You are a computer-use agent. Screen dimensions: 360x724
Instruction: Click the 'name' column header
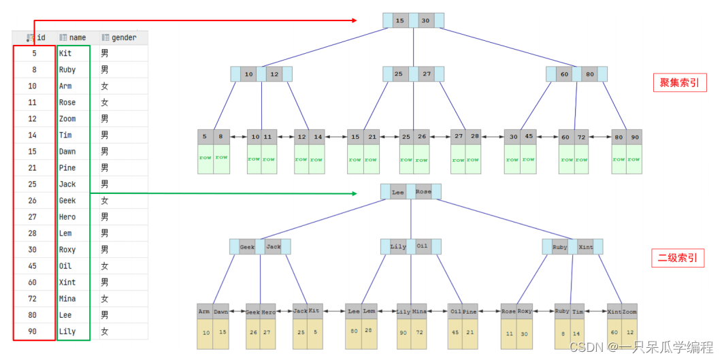77,37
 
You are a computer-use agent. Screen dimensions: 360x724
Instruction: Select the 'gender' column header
123,37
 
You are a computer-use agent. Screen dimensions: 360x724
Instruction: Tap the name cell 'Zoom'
67,119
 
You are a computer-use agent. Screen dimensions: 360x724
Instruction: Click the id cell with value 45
33,266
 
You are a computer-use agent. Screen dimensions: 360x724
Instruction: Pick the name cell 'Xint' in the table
67,282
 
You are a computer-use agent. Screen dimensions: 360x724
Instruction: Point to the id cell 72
33,299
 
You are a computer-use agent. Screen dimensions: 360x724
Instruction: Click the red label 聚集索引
679,83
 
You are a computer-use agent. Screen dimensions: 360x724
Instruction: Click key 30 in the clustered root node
426,21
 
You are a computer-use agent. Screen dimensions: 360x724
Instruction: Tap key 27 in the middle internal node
427,73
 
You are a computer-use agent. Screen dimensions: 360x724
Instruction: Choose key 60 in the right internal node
564,73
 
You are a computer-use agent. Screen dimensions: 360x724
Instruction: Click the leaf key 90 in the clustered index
634,136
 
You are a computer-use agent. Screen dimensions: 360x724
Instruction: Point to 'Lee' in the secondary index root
398,193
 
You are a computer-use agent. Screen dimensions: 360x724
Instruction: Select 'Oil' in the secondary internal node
423,246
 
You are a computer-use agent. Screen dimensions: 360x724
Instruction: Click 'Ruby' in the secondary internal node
560,247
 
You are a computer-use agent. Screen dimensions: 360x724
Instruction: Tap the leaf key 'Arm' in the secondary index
204,312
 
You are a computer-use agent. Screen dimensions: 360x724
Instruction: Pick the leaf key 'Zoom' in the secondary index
629,312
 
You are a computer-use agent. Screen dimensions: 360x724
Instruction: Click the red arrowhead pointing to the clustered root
354,21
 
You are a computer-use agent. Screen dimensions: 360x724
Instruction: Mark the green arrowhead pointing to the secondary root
354,193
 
